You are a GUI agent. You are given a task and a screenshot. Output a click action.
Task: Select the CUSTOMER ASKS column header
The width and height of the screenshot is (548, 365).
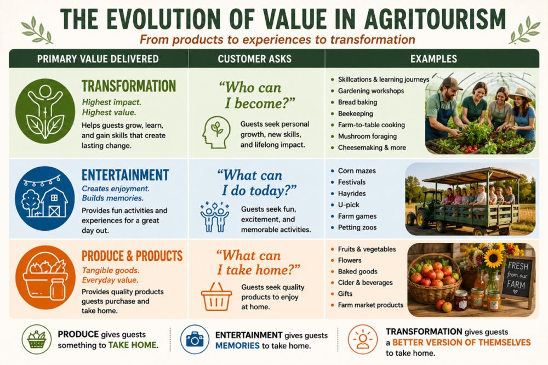tap(255, 59)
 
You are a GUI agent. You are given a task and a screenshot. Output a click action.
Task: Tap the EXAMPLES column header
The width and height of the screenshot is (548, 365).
tap(433, 59)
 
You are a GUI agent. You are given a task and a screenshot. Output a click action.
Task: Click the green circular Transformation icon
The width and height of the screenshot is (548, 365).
tap(45, 111)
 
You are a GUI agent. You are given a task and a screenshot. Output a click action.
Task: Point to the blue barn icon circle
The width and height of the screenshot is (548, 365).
tap(45, 198)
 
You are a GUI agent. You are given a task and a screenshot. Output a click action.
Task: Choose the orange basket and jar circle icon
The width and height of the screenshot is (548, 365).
tap(45, 278)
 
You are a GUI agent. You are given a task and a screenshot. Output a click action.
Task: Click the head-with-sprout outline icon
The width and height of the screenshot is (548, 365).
tap(216, 132)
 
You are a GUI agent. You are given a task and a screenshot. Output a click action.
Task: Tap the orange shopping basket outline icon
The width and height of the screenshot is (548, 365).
tap(216, 297)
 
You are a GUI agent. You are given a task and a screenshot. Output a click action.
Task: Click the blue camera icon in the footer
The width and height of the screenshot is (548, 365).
tap(195, 339)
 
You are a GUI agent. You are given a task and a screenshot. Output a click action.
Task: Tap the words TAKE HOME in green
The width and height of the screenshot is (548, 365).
tap(133, 345)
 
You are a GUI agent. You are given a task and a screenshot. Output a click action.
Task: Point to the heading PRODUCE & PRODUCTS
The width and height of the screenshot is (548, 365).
tap(132, 256)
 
